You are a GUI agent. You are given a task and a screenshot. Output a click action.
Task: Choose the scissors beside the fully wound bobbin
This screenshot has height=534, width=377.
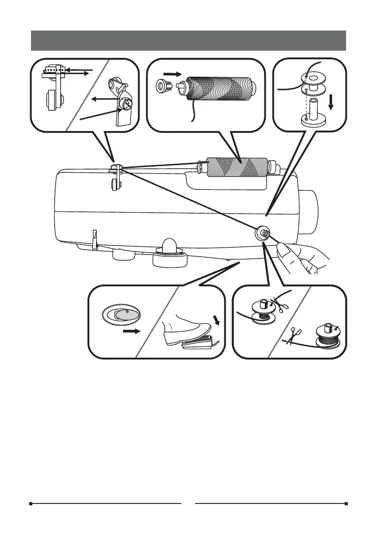[x=294, y=336]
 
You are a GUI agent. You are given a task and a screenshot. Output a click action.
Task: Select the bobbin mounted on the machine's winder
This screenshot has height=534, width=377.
[x=263, y=234]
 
